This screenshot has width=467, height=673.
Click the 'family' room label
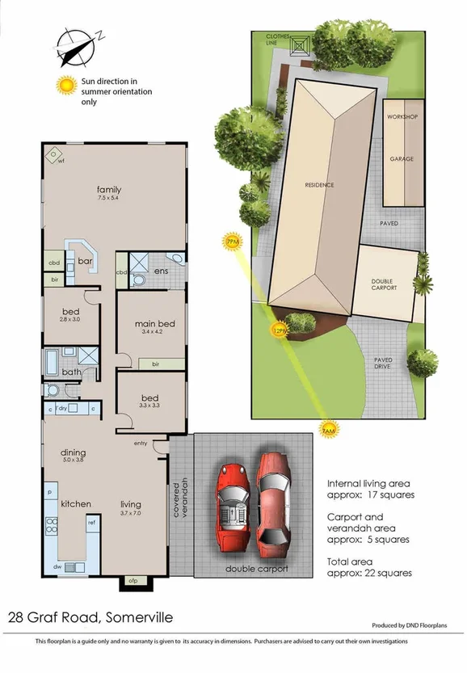click(109, 189)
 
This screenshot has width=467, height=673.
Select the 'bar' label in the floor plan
click(85, 261)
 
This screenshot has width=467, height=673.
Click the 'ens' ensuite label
click(161, 271)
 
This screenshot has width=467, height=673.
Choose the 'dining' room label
click(74, 452)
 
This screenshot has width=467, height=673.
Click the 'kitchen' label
click(75, 504)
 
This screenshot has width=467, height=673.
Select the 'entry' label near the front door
click(141, 443)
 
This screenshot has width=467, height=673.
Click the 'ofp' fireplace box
click(133, 580)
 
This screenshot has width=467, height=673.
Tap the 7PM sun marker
click(233, 242)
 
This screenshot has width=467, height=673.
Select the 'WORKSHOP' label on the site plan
click(402, 117)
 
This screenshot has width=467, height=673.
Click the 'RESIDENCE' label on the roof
click(318, 184)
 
